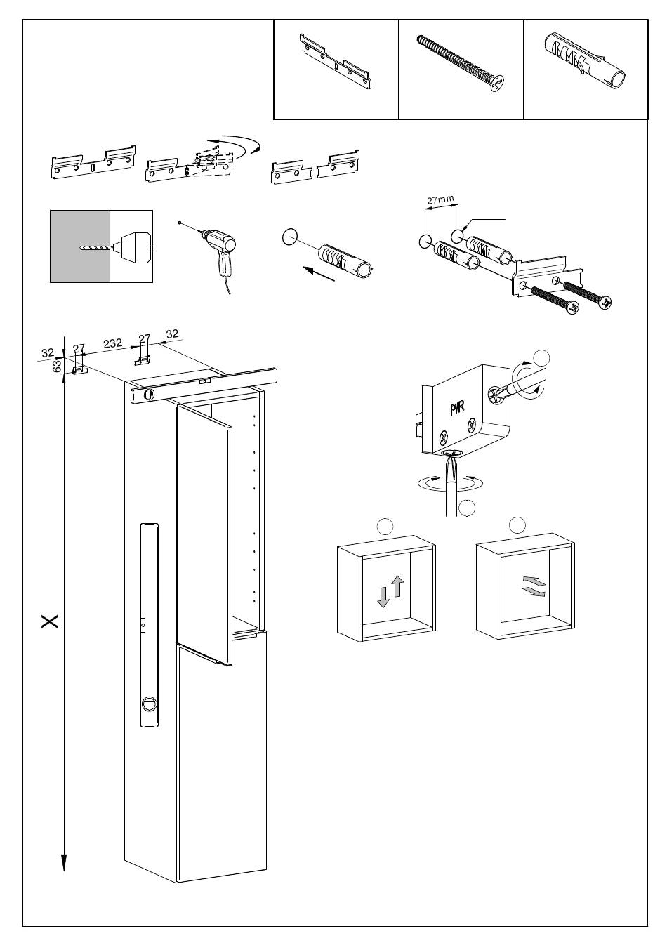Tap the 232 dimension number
[x=112, y=343]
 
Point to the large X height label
[x=49, y=621]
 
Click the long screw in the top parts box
[x=461, y=63]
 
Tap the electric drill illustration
[x=219, y=253]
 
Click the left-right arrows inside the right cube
[x=533, y=586]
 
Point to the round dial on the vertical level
[x=149, y=703]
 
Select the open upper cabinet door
[x=202, y=534]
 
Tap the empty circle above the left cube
[x=385, y=525]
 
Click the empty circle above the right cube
[x=517, y=524]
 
